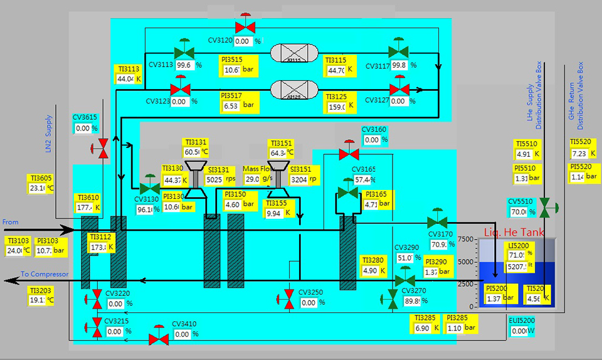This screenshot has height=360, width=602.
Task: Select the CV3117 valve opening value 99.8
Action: tap(399, 65)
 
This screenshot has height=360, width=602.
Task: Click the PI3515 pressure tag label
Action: tap(231, 60)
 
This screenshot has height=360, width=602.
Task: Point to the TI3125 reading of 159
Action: tap(337, 107)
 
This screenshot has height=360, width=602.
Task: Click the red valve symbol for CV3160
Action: tap(349, 153)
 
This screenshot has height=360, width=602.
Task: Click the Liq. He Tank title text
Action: tap(512, 233)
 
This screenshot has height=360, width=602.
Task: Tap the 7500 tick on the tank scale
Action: tap(465, 239)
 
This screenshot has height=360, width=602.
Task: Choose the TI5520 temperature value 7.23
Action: tap(579, 154)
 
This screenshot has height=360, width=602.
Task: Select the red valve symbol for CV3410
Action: tap(158, 339)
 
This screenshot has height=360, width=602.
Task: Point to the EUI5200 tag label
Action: tap(522, 320)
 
